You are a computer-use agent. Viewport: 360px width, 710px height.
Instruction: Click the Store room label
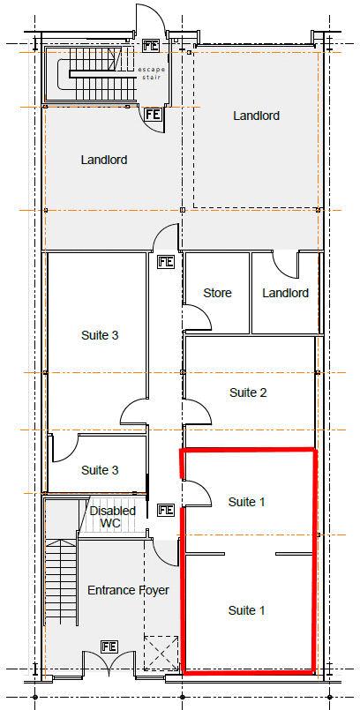pos(217,293)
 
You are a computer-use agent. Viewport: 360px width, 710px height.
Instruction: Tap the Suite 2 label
pos(248,392)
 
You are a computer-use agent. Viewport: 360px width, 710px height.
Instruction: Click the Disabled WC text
pos(112,517)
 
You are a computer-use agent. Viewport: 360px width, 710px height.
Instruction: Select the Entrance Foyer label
pos(128,590)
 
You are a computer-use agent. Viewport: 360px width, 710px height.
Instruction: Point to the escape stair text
pos(152,73)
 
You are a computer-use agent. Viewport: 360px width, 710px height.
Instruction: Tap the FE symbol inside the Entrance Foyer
pos(109,646)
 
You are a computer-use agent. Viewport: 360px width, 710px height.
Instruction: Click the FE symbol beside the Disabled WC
pos(166,510)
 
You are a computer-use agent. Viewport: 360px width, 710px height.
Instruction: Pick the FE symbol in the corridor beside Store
pos(166,262)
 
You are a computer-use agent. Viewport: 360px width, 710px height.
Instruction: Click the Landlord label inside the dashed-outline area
pos(256,116)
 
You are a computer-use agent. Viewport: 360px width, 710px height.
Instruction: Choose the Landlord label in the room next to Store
pos(285,293)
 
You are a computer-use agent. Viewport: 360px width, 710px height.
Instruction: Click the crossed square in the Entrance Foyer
pos(161,653)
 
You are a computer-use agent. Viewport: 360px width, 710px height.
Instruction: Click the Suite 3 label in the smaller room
pos(100,470)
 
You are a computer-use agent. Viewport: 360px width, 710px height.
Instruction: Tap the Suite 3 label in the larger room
pos(100,335)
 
